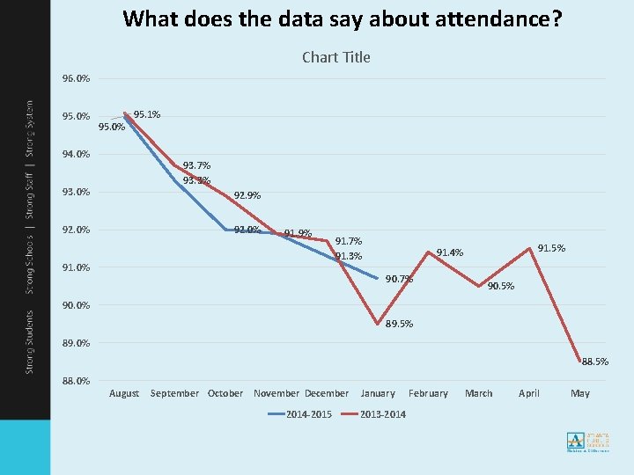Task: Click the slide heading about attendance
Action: (x=343, y=18)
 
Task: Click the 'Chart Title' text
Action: (x=335, y=57)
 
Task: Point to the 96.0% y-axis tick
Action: (x=76, y=78)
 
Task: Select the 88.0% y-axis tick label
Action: (x=76, y=381)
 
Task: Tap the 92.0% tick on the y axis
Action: (x=76, y=230)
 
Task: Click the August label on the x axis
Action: (x=124, y=393)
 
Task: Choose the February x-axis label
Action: (x=428, y=393)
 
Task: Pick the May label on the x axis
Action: (x=580, y=393)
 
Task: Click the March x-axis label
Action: (x=479, y=393)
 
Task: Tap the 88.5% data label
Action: (x=594, y=362)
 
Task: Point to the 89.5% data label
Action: (x=399, y=324)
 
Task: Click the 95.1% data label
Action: (x=147, y=114)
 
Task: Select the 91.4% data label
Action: (x=450, y=253)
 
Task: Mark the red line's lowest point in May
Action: (x=580, y=362)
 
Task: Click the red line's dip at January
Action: (x=378, y=324)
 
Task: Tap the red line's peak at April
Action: (x=529, y=248)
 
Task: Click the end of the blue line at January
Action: (x=378, y=279)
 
